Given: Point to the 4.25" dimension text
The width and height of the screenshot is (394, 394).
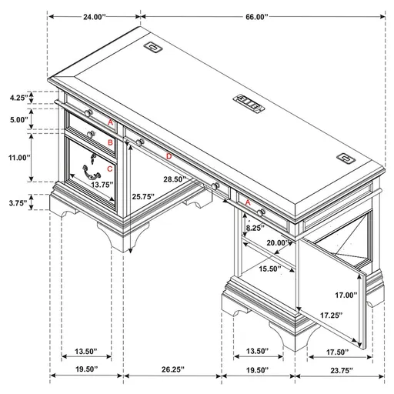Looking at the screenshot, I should [18, 98].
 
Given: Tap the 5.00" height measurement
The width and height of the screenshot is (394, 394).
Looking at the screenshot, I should [18, 120].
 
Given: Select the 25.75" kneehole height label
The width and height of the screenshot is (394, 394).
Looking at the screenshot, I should [143, 196].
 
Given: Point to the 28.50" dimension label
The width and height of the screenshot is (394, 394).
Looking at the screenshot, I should [174, 179].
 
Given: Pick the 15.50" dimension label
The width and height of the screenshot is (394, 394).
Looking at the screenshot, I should [269, 269].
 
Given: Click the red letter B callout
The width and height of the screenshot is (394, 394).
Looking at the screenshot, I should [110, 142].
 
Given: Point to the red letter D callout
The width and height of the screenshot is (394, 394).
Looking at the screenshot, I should [169, 156].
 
